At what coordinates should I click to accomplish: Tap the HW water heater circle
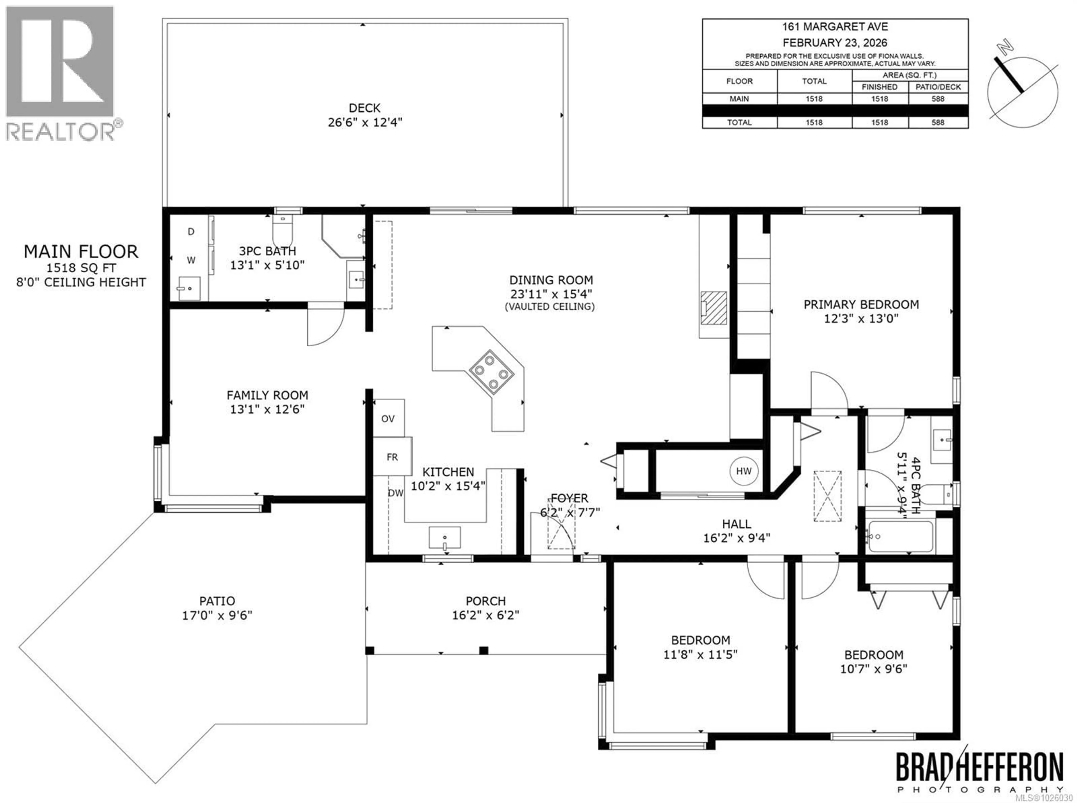point(744,471)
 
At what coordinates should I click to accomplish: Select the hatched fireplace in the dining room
point(714,308)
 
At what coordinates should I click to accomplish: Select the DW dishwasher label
point(396,493)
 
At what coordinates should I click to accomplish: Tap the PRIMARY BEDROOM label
point(861,305)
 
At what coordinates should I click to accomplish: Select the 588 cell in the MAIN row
point(938,99)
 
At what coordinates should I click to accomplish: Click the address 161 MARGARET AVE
point(834,27)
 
